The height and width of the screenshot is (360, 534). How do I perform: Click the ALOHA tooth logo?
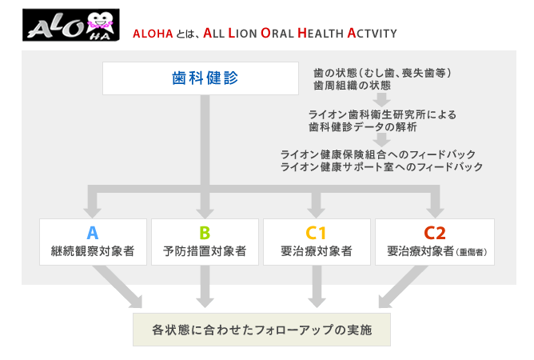tap(71, 25)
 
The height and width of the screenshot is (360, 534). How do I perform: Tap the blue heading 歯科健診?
tap(205, 78)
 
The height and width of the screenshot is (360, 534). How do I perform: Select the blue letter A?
tap(93, 233)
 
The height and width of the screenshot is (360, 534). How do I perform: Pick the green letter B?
tap(205, 233)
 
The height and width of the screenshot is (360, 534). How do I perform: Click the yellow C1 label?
tap(316, 233)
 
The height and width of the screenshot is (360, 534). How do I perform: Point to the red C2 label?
tap(435, 233)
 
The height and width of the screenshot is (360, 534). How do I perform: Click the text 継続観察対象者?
tap(93, 251)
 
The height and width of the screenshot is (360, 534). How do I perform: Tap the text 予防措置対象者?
tap(205, 251)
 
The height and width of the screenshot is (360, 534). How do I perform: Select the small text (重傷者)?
tap(472, 252)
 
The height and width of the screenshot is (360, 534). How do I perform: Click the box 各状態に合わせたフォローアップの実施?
tap(261, 330)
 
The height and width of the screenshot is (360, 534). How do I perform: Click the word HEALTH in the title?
tap(321, 33)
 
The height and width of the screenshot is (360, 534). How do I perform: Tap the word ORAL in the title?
tap(277, 33)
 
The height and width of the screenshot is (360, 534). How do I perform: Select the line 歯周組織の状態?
tap(353, 86)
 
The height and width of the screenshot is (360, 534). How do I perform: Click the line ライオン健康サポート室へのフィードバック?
tap(381, 166)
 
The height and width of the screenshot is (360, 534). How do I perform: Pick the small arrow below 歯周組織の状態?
tap(381, 99)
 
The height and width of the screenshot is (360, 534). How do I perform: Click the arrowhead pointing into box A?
tap(92, 212)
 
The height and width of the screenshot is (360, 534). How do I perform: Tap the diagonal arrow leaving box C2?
tap(403, 286)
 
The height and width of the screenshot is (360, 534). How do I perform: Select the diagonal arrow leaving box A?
tap(118, 286)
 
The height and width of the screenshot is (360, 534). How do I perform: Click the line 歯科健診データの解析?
tap(363, 127)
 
